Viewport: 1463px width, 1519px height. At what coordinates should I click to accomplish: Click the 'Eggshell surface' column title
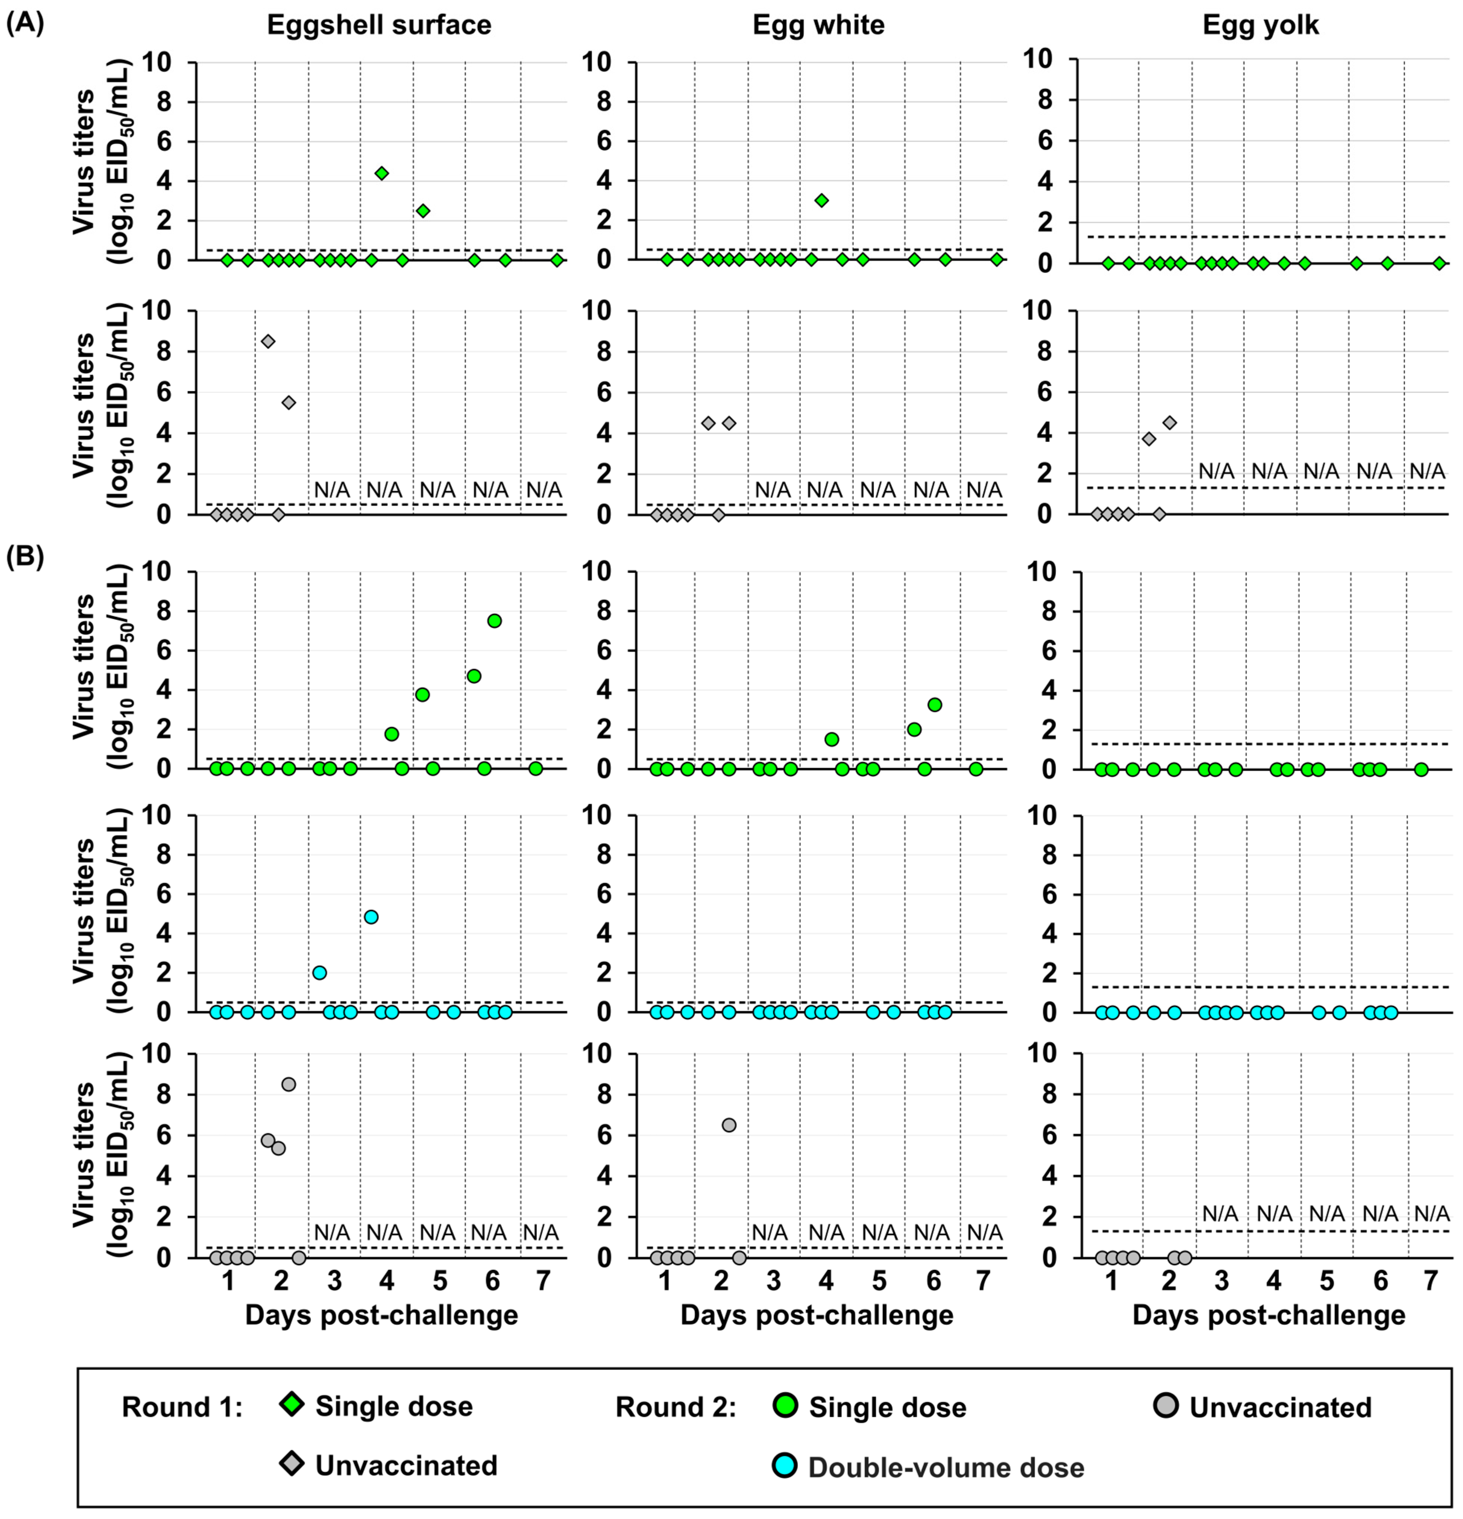pyautogui.click(x=379, y=26)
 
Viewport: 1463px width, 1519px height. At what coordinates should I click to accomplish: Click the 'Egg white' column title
pyautogui.click(x=818, y=26)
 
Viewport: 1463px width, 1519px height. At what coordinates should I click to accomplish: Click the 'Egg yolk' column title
pyautogui.click(x=1260, y=26)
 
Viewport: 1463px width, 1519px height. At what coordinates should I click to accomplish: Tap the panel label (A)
pyautogui.click(x=25, y=23)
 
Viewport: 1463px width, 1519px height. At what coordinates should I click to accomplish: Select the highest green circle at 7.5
pyautogui.click(x=494, y=621)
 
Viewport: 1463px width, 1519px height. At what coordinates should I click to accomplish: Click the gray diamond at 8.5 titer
pyautogui.click(x=268, y=342)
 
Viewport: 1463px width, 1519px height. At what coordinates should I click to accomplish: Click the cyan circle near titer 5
pyautogui.click(x=371, y=917)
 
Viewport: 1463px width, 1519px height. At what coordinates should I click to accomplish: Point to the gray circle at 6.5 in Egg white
pyautogui.click(x=729, y=1124)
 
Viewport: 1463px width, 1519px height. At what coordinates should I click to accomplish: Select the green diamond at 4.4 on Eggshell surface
pyautogui.click(x=381, y=173)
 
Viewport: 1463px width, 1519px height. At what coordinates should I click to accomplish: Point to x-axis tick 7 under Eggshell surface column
pyautogui.click(x=543, y=1280)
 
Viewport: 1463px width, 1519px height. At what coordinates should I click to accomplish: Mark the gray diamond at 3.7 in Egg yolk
pyautogui.click(x=1149, y=439)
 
